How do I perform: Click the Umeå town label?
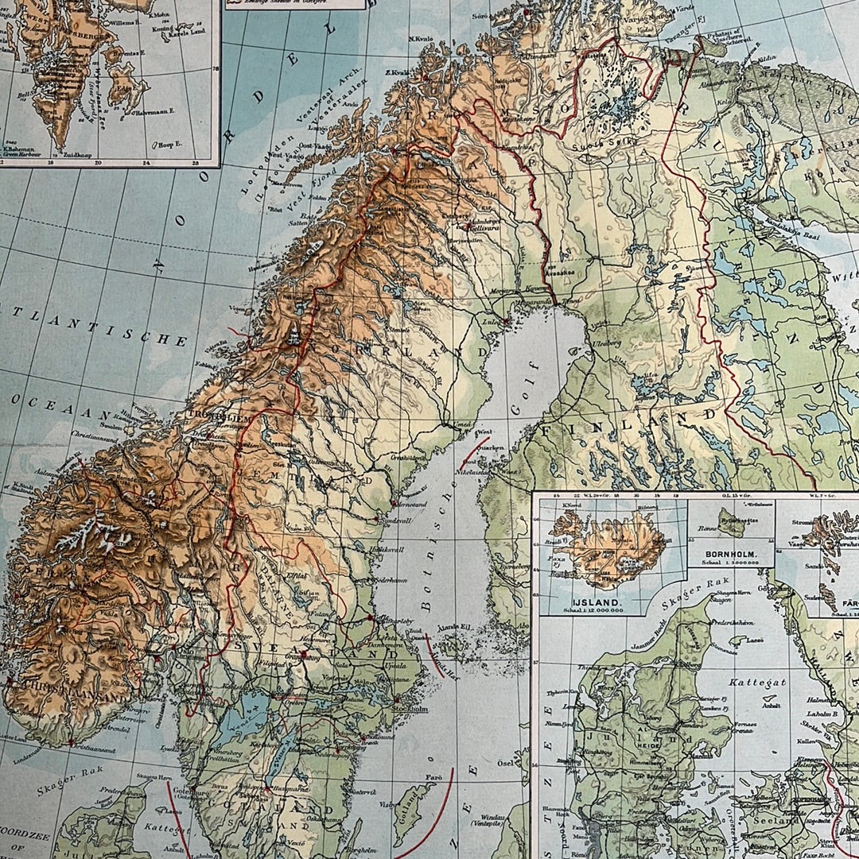459,425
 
